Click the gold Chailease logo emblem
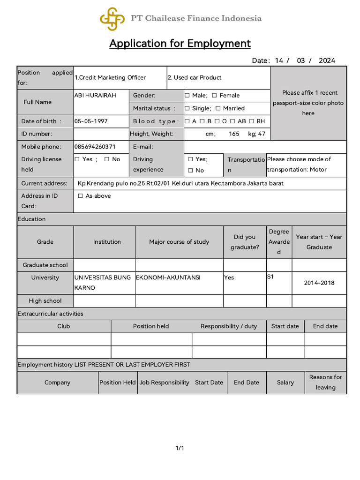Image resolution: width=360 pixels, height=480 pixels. [112, 19]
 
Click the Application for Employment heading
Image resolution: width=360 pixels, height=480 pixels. [180, 44]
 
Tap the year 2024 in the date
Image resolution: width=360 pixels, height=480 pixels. [327, 60]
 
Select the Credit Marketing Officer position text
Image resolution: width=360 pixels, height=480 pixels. [110, 78]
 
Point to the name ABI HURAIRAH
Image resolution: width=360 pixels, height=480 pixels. [95, 96]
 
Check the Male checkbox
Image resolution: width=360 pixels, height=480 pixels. [187, 96]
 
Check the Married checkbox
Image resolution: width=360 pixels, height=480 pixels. [218, 108]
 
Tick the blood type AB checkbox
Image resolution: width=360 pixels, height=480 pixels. [233, 121]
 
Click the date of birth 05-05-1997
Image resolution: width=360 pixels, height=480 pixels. [91, 121]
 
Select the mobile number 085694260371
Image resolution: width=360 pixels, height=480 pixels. [95, 147]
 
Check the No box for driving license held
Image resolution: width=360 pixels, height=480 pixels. [107, 159]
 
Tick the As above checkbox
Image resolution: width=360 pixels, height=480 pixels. [81, 196]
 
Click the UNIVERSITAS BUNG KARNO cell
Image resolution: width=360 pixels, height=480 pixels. [103, 283]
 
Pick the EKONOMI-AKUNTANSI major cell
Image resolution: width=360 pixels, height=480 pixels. [168, 277]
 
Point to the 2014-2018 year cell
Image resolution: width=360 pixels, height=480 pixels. [319, 283]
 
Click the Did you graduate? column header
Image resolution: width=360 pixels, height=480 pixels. [244, 242]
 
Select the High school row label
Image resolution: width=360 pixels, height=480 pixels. [45, 301]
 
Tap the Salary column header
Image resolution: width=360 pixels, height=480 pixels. [285, 382]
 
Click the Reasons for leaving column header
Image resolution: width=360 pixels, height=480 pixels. [325, 382]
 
